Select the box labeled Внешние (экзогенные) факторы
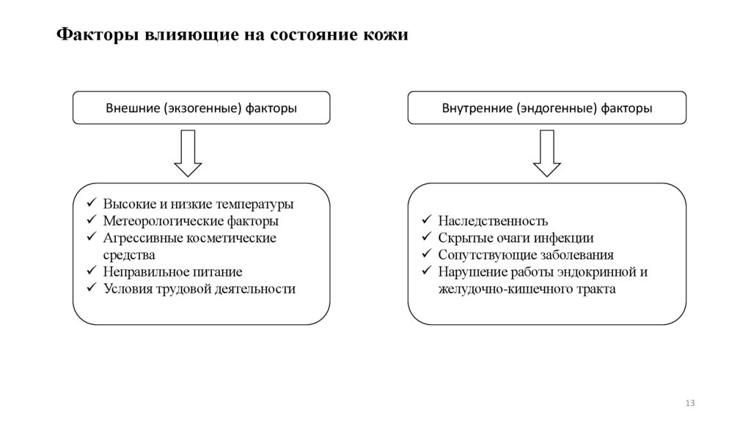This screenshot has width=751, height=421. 202,109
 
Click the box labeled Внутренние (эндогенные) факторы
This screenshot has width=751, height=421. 547,109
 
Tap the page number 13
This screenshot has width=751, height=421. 689,403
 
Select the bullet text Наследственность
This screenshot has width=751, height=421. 493,221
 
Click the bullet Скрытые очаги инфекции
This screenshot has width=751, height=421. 516,238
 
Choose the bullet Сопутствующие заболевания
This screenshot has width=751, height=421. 526,255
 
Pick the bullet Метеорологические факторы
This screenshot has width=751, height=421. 191,221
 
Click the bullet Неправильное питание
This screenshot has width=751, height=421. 172,272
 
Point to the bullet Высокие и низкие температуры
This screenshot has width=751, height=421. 198,204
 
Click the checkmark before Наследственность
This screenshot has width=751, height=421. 426,221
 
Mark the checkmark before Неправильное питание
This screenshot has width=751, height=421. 91,272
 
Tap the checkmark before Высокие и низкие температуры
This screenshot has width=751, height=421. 91,204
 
